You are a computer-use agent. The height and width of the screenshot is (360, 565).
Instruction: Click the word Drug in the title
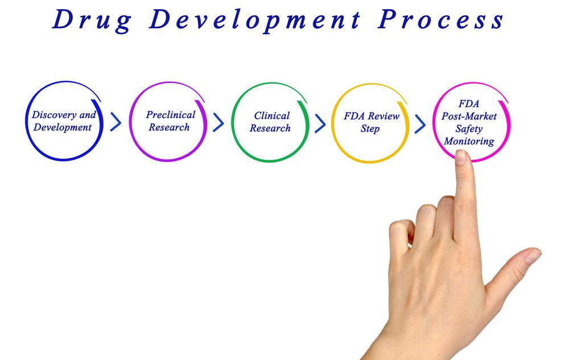pyautogui.click(x=92, y=20)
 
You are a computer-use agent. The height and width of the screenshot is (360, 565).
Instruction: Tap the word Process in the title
pyautogui.click(x=440, y=20)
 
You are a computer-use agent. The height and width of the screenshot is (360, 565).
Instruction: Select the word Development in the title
pyautogui.click(x=255, y=20)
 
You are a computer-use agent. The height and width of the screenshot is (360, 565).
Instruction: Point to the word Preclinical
pyautogui.click(x=171, y=115)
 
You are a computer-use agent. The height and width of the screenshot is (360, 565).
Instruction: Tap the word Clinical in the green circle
pyautogui.click(x=272, y=115)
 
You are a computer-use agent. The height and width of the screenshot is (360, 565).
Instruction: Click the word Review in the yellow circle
pyautogui.click(x=383, y=116)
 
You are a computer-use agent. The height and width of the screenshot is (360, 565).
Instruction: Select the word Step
pyautogui.click(x=370, y=129)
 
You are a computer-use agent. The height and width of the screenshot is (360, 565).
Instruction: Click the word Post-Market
pyautogui.click(x=469, y=116)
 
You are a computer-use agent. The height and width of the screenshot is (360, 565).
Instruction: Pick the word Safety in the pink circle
pyautogui.click(x=469, y=129)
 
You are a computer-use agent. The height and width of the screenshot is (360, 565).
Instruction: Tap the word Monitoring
pyautogui.click(x=469, y=141)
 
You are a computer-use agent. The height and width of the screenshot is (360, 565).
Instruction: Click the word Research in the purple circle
pyautogui.click(x=169, y=127)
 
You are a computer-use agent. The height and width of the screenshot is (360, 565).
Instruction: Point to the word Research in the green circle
pyautogui.click(x=270, y=128)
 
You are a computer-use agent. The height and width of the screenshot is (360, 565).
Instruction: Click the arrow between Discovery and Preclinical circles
pyautogui.click(x=116, y=122)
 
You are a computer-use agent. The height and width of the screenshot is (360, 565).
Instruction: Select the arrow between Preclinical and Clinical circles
pyautogui.click(x=218, y=122)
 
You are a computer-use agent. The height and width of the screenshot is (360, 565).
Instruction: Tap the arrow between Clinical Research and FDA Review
pyautogui.click(x=320, y=123)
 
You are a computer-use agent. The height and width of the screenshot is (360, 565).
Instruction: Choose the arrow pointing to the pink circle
pyautogui.click(x=420, y=124)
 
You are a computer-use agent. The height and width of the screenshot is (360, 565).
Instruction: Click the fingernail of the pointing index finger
pyautogui.click(x=461, y=157)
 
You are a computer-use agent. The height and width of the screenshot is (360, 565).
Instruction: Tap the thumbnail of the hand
pyautogui.click(x=533, y=256)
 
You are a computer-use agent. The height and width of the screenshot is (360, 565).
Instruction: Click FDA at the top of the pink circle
pyautogui.click(x=469, y=104)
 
